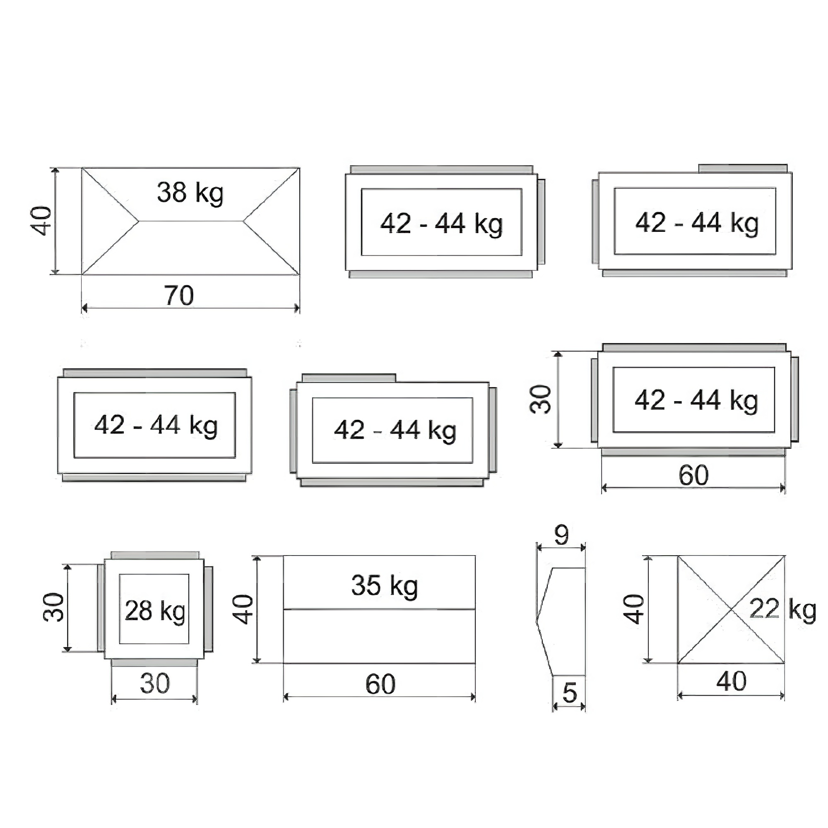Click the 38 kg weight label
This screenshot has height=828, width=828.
click(190, 193)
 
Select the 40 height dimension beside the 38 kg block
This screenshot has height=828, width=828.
click(41, 221)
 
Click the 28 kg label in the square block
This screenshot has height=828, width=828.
click(155, 611)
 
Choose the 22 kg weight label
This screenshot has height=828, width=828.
click(782, 609)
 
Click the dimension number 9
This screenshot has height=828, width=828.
click(561, 535)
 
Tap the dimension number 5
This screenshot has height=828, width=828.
click(570, 693)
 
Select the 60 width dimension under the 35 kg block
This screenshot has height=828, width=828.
click(380, 684)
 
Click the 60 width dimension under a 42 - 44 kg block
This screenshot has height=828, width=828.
click(693, 475)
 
